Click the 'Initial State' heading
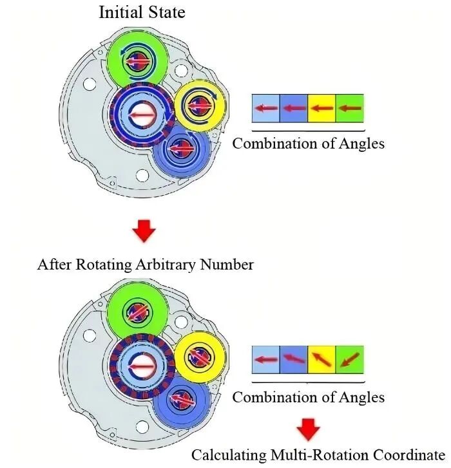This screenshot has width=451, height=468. coord(141,12)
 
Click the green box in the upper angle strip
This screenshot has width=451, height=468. coord(350,108)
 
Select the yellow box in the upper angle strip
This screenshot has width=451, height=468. coord(321,108)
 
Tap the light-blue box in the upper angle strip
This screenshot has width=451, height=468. coord(265,108)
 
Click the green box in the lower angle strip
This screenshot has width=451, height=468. coord(350,359)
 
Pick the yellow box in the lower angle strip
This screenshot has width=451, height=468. coord(321,359)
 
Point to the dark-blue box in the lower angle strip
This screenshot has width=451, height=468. coord(293,359)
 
